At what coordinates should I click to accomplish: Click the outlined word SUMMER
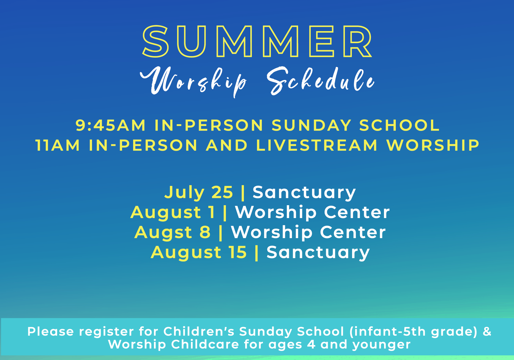point(257,41)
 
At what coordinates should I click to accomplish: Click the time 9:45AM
point(111,125)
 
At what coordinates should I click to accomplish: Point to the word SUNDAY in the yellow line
point(311,125)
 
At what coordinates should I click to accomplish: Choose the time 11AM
point(58,145)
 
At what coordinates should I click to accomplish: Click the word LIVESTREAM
point(317,145)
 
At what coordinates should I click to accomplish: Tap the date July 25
point(199,192)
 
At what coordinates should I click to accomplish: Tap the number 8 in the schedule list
point(205,232)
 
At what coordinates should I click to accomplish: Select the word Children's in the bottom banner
point(199,331)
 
